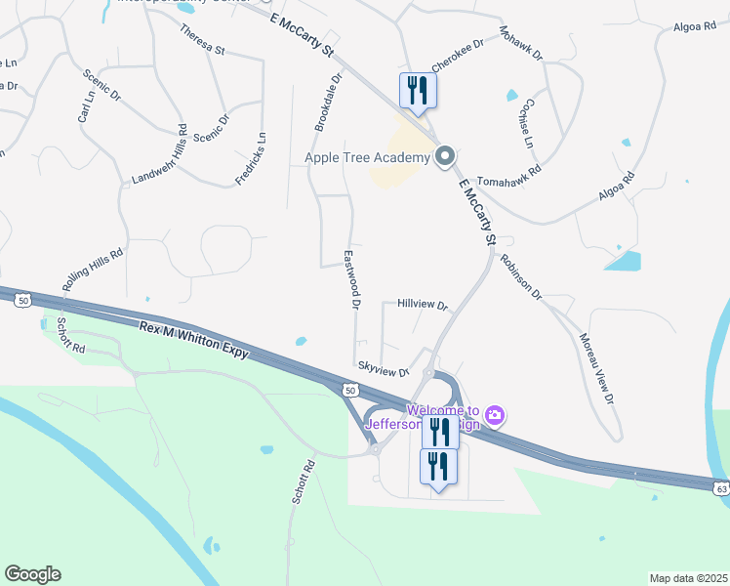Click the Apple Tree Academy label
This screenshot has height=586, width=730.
pos(367,157)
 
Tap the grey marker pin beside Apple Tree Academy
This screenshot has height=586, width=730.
pos(445,156)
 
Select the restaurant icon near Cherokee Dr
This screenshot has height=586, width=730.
pos(418,91)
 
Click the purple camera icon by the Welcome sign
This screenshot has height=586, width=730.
pos(495,417)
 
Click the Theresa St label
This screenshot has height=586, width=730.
pos(202,38)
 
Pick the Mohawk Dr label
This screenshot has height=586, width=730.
pos(521,43)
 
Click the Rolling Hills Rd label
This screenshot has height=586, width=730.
pos(94,271)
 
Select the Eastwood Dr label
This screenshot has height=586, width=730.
pos(351,279)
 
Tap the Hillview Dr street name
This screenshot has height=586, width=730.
pos(422,305)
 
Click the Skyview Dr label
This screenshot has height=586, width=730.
pos(382,371)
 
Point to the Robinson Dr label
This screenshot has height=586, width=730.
pos(520,274)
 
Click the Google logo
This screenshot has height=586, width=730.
pos(32,574)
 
